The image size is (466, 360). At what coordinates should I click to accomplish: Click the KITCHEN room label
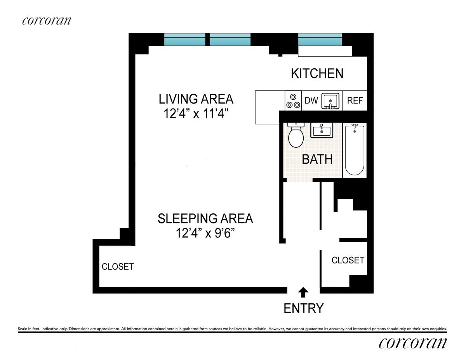click(x=317, y=73)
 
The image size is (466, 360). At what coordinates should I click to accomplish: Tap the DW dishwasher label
click(x=311, y=100)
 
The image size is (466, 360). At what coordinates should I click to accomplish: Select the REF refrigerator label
click(x=355, y=100)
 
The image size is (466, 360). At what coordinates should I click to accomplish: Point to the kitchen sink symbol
click(x=330, y=100)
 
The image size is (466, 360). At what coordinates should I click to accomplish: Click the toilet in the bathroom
click(x=296, y=135)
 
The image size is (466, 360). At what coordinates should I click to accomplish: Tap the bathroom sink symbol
click(x=322, y=130)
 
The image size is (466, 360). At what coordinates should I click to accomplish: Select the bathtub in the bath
click(x=355, y=150)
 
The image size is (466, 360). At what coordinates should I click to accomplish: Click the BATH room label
click(x=317, y=159)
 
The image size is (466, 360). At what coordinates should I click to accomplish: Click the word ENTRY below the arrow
click(x=303, y=308)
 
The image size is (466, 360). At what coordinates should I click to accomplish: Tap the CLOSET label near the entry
click(x=348, y=260)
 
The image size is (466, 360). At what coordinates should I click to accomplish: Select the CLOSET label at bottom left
click(x=118, y=267)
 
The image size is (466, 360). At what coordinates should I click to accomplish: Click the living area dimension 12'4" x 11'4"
click(x=196, y=114)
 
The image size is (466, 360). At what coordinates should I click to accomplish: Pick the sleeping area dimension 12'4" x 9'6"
click(x=205, y=233)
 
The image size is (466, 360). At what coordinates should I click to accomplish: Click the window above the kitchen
click(x=320, y=40)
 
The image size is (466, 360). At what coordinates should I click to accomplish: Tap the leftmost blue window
click(x=184, y=40)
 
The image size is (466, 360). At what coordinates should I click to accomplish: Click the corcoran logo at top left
click(x=46, y=21)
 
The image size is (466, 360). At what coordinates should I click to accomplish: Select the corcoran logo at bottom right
click(x=413, y=343)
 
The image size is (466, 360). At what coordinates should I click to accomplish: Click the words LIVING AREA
click(x=196, y=99)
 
